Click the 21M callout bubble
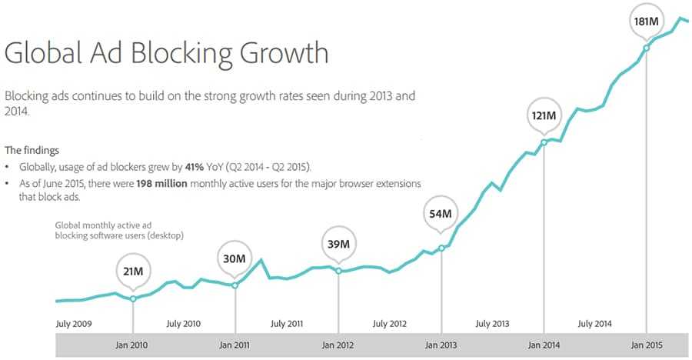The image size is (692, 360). point(133,271)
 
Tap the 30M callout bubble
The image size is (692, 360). point(235,258)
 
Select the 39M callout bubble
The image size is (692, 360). point(338,244)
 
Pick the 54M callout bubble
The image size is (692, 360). point(441,213)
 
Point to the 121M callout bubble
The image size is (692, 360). point(544,116)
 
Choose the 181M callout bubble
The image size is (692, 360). point(646,21)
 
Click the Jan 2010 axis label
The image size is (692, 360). point(133,345)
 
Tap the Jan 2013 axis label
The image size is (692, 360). point(441,345)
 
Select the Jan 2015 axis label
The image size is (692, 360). point(646,345)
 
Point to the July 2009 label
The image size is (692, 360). point(75,324)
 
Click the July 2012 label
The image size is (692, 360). point(391,324)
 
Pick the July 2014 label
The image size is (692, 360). point(594,324)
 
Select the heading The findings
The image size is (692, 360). point(32,150)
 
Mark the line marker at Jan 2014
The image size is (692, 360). point(544,142)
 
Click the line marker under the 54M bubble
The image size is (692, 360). point(441,248)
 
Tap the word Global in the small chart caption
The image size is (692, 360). point(68,225)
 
